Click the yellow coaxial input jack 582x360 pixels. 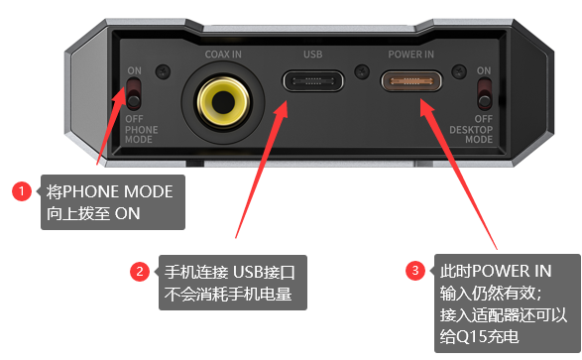click(223, 102)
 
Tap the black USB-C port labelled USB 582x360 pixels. click(313, 81)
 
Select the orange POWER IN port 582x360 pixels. click(411, 81)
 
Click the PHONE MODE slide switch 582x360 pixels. click(133, 94)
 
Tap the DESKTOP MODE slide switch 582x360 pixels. click(484, 94)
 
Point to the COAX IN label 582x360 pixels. click(223, 55)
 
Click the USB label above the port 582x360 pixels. click(313, 55)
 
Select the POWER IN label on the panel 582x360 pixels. click(410, 55)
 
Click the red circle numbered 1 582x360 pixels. click(22, 191)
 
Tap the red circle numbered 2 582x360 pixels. click(140, 272)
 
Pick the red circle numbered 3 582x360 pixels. click(415, 270)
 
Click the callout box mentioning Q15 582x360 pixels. click(507, 303)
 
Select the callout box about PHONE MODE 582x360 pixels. click(113, 202)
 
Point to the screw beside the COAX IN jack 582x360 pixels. click(163, 71)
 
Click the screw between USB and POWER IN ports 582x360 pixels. click(362, 71)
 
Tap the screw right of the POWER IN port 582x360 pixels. click(459, 71)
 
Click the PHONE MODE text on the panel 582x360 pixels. click(141, 134)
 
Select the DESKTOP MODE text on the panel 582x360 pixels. click(471, 134)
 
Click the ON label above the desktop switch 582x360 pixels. click(484, 70)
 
